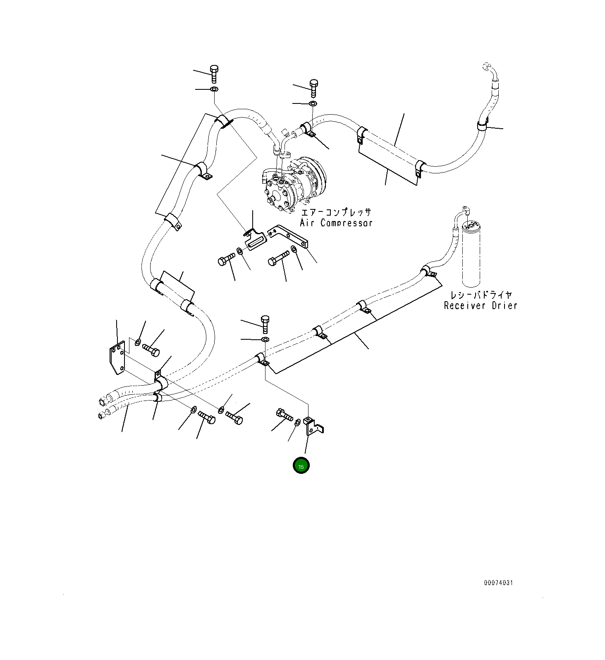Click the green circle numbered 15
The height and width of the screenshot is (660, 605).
tap(301, 466)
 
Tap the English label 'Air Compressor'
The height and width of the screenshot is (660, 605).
tap(336, 223)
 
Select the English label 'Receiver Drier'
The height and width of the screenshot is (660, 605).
tap(481, 306)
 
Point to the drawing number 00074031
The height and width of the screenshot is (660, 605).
tap(498, 583)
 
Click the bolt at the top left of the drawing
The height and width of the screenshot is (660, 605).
tap(214, 74)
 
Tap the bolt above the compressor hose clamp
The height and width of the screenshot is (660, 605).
tap(313, 87)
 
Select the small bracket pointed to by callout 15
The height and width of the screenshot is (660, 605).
tap(314, 426)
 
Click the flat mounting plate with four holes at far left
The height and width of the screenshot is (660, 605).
tap(117, 358)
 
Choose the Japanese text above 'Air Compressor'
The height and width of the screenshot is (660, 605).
tap(336, 213)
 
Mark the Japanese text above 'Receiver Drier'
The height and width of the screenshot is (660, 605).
tap(481, 295)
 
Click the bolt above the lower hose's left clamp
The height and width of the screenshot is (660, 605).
tap(265, 324)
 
